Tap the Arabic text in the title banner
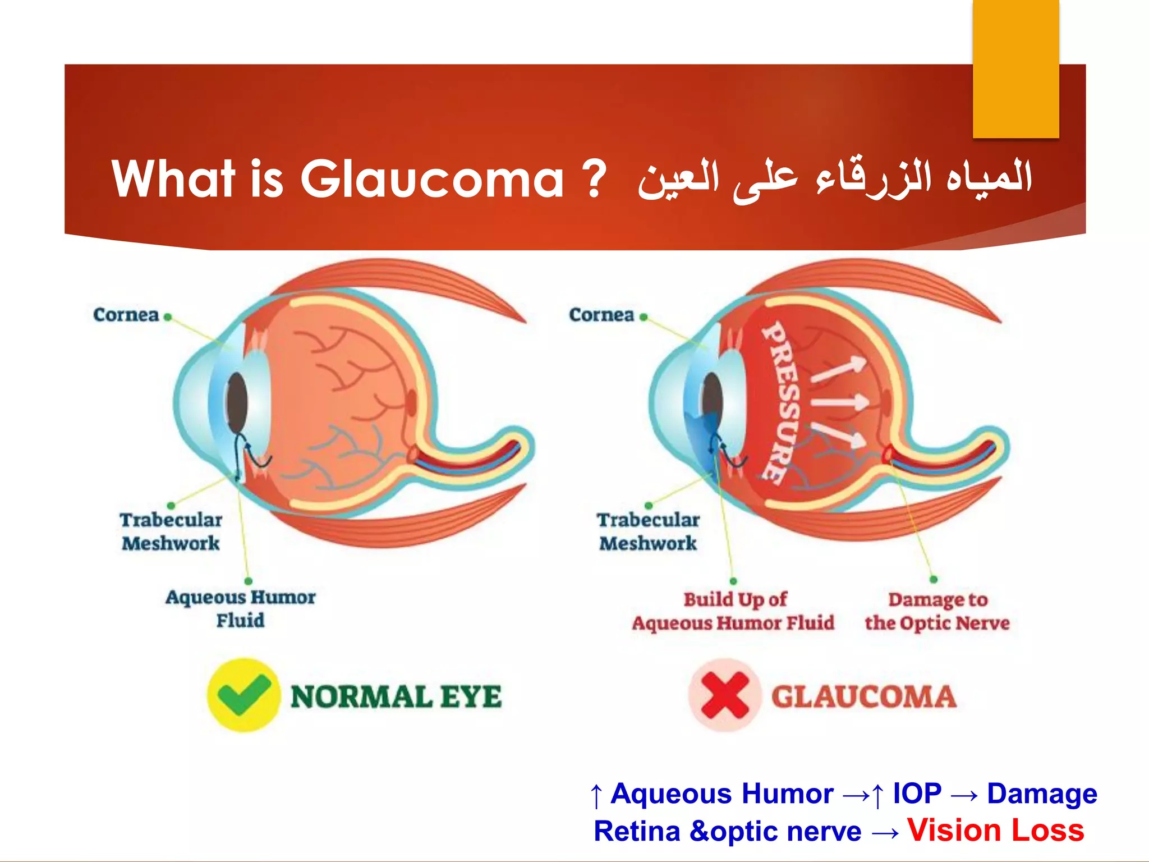pyautogui.click(x=835, y=178)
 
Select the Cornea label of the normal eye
pyautogui.click(x=126, y=315)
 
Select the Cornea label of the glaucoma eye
pyautogui.click(x=601, y=315)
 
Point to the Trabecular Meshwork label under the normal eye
pyautogui.click(x=171, y=531)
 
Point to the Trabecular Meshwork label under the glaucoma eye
pyautogui.click(x=648, y=531)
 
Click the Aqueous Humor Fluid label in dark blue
pyautogui.click(x=241, y=608)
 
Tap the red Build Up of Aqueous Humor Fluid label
pyautogui.click(x=733, y=611)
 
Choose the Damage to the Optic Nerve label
pyautogui.click(x=937, y=611)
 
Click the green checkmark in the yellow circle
pyautogui.click(x=243, y=695)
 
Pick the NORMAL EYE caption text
pyautogui.click(x=396, y=697)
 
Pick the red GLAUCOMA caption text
pyautogui.click(x=863, y=697)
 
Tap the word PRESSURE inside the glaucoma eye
pyautogui.click(x=780, y=402)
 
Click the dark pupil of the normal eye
pyautogui.click(x=237, y=402)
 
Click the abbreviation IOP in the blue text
pyautogui.click(x=917, y=794)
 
